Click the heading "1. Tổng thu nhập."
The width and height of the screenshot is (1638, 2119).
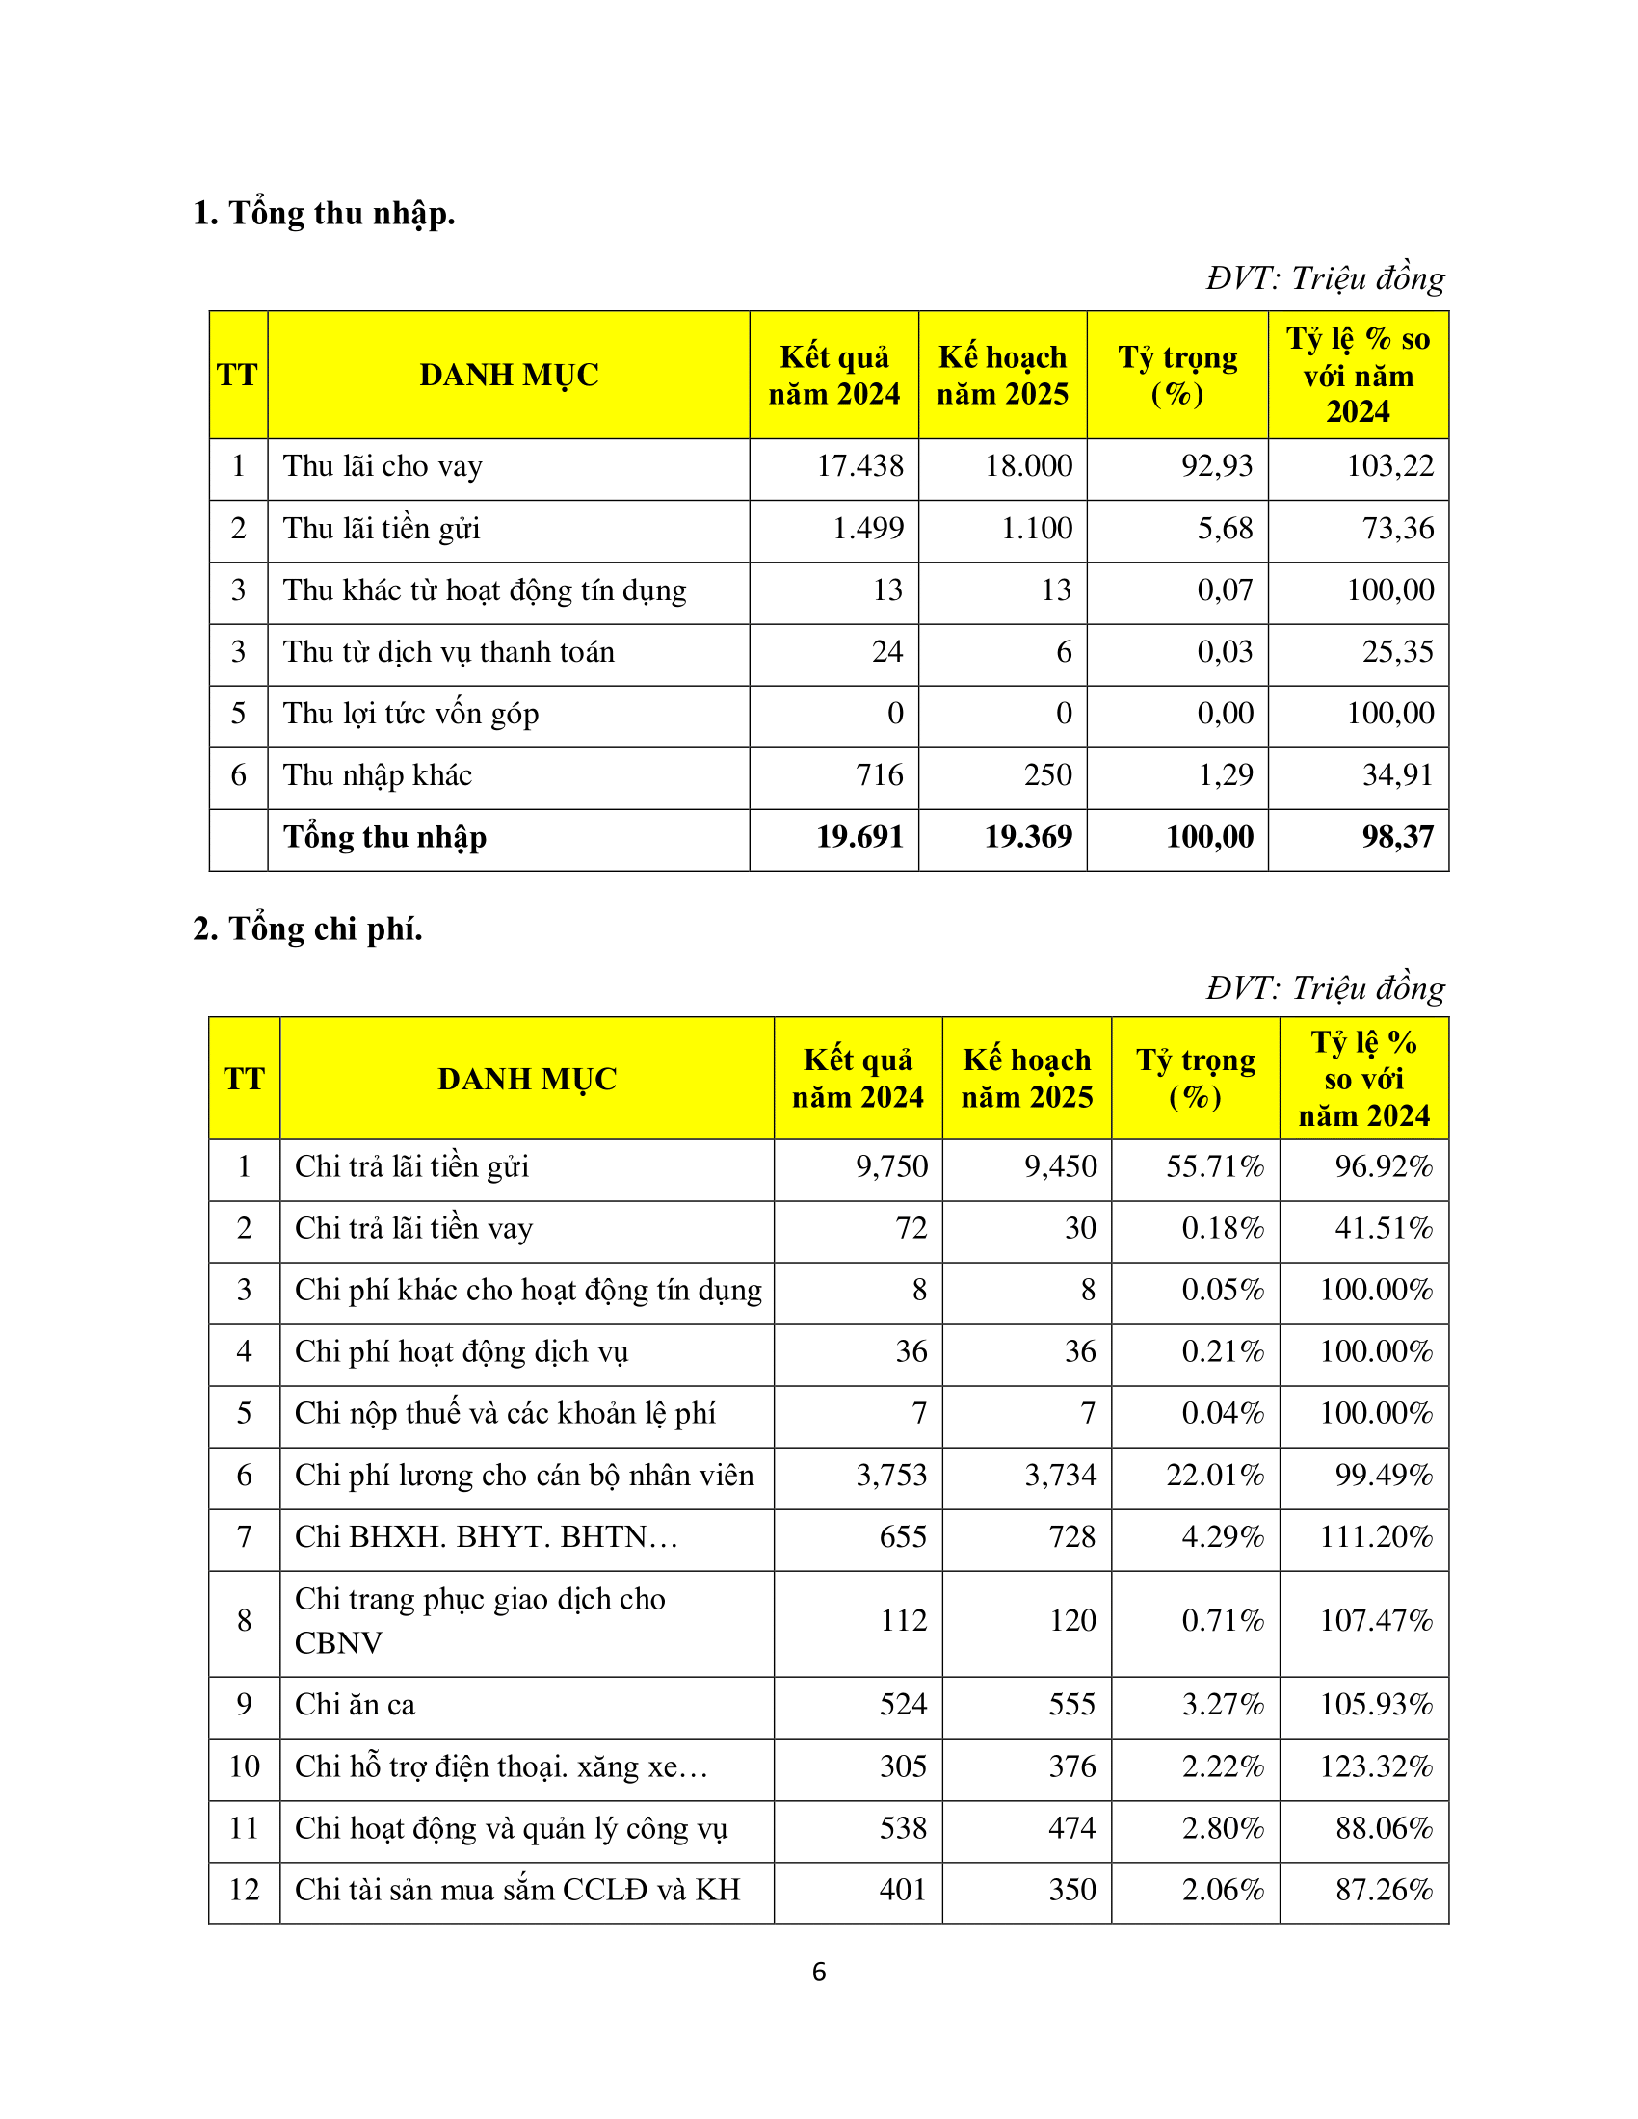point(324,214)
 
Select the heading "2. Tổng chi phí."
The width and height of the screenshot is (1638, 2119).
point(307,929)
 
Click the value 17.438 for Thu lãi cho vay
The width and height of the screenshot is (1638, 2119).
point(859,467)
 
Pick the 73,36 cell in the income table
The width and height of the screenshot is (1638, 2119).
point(1397,529)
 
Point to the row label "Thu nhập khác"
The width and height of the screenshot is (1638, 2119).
point(378,775)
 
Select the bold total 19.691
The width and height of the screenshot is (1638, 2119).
point(859,837)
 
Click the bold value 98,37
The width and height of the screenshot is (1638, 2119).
point(1397,837)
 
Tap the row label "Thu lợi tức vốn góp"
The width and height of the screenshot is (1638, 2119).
point(410,714)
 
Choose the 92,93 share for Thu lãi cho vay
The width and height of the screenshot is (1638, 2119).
point(1217,467)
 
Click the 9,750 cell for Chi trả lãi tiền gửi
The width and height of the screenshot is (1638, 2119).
point(892,1166)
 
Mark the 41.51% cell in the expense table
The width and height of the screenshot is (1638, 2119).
point(1384,1228)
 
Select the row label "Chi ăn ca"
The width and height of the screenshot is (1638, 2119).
point(356,1705)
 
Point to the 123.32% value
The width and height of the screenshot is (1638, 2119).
point(1376,1766)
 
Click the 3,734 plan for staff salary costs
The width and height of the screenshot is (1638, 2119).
point(1061,1476)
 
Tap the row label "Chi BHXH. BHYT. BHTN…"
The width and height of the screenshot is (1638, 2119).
point(487,1538)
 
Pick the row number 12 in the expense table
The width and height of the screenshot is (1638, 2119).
point(245,1890)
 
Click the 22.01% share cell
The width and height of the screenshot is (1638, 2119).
point(1215,1476)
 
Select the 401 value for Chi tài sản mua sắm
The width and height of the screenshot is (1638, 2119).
point(903,1890)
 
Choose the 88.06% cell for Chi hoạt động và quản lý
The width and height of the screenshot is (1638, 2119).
point(1384,1829)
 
